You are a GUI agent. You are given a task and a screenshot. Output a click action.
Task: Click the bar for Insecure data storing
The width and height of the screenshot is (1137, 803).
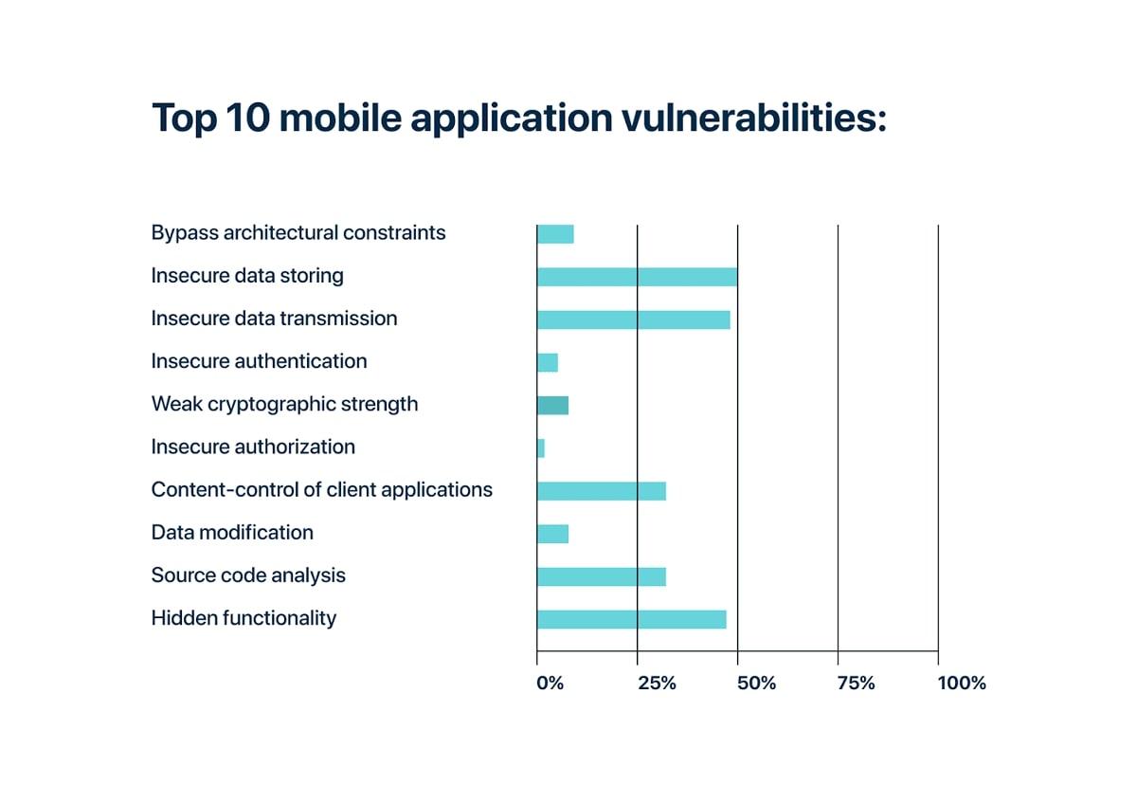(x=637, y=277)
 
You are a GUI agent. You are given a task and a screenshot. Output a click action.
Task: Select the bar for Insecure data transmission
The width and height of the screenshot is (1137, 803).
(x=633, y=319)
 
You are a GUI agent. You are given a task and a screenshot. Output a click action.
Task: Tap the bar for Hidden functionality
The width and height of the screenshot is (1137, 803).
(x=631, y=619)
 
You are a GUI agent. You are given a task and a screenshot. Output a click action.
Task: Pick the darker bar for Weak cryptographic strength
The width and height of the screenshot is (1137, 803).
(x=552, y=406)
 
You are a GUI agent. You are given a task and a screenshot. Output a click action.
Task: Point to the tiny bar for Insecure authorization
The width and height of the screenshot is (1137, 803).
(x=541, y=448)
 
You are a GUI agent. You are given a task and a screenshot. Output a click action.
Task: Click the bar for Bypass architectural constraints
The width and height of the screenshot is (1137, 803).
(x=555, y=234)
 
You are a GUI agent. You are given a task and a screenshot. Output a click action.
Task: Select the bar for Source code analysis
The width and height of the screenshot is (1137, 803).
(x=601, y=576)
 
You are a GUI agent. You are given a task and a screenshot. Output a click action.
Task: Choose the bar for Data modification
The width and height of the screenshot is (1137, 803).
(x=552, y=534)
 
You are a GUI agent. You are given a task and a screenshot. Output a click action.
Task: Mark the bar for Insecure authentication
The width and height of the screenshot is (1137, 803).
(x=548, y=362)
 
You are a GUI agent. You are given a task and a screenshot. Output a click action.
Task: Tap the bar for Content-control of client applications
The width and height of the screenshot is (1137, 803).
(x=601, y=491)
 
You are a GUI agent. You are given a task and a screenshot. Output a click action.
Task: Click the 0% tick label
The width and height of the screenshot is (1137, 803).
(x=550, y=684)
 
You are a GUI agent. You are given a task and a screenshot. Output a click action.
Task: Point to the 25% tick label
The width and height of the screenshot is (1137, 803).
(x=657, y=684)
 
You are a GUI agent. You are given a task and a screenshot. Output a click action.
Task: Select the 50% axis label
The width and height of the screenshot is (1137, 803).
(x=756, y=684)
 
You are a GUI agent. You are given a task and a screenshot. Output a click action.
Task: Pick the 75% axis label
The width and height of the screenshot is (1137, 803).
(x=856, y=684)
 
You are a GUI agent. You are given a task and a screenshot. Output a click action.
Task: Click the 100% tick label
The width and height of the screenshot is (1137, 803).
(x=961, y=684)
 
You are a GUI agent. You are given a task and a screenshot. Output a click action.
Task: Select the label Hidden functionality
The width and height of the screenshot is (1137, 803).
(x=244, y=618)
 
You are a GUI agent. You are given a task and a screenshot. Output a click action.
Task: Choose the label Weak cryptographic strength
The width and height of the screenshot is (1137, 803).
(x=284, y=404)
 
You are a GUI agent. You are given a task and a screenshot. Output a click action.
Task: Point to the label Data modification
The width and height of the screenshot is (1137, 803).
(x=232, y=533)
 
